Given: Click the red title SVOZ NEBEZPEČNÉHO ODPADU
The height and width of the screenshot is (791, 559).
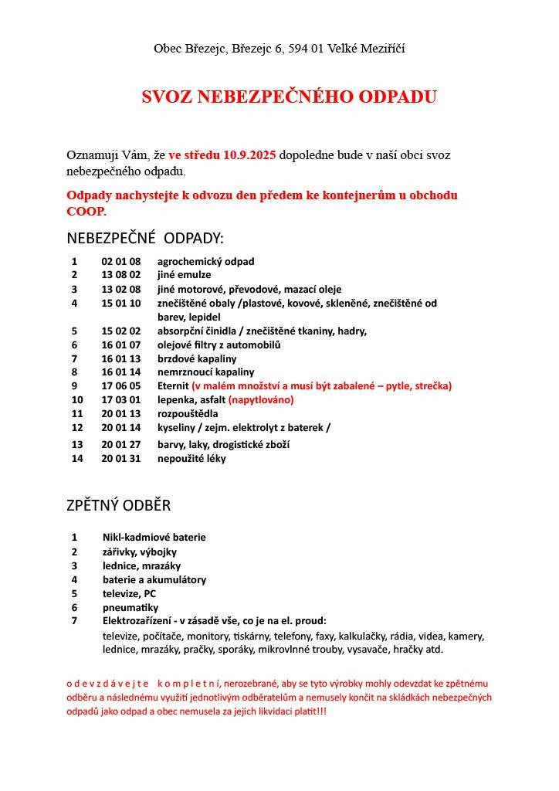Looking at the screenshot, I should (x=289, y=97).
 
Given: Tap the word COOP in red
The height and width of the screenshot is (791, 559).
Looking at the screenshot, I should (x=86, y=211).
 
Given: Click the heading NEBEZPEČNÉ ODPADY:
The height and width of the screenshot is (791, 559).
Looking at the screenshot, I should (x=145, y=237).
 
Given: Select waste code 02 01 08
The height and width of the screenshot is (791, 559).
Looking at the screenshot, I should (x=121, y=261).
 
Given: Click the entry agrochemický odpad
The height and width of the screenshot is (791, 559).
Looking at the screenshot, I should (x=205, y=261).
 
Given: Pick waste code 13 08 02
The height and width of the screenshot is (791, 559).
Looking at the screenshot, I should (x=121, y=274).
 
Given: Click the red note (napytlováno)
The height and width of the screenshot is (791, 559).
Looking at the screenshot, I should (x=261, y=399).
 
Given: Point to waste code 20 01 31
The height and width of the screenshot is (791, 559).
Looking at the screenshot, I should (x=121, y=458).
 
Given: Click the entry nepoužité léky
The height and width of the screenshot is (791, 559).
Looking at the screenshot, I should (x=191, y=458).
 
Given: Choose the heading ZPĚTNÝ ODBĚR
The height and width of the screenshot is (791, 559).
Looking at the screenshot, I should (x=119, y=506).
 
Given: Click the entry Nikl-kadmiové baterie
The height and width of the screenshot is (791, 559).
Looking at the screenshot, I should (x=154, y=537).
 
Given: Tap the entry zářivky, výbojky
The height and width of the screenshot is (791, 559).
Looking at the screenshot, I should (x=140, y=552).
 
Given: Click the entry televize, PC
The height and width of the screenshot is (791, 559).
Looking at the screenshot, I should (x=129, y=593).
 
